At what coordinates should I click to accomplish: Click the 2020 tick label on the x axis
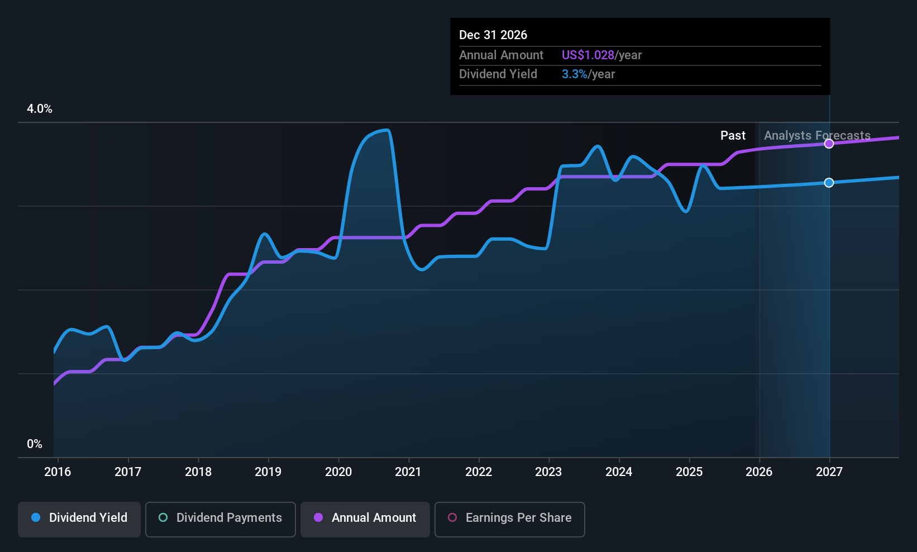click(338, 472)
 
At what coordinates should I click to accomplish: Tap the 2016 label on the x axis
click(58, 472)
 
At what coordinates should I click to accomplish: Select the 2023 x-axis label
click(548, 472)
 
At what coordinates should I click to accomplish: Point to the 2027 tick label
click(829, 472)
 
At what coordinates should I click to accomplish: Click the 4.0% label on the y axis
click(40, 109)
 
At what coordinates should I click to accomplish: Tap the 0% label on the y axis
click(35, 444)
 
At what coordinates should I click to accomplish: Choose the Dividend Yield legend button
click(79, 518)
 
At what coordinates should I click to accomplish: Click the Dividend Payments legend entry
click(221, 518)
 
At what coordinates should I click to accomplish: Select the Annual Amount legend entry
click(365, 518)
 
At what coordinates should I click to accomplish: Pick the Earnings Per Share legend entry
click(510, 518)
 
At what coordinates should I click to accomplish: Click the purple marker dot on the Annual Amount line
click(829, 144)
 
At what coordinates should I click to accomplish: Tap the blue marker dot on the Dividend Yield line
click(829, 183)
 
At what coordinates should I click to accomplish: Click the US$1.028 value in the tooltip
click(588, 55)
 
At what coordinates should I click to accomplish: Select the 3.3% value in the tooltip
click(574, 74)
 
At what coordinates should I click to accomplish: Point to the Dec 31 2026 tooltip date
click(493, 35)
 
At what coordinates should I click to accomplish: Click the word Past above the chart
click(733, 136)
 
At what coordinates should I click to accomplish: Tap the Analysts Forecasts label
click(817, 136)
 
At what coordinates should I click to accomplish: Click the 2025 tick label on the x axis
click(689, 472)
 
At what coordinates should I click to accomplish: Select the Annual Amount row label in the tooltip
click(501, 55)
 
